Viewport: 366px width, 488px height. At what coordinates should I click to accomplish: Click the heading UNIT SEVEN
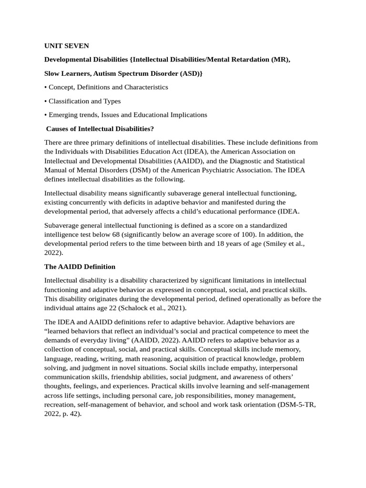[x=66, y=46]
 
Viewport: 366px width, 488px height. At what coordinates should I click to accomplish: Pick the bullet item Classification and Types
[x=84, y=101]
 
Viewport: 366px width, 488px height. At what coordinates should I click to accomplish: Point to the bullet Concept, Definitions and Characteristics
[x=108, y=87]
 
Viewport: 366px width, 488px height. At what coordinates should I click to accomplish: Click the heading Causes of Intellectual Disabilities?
[x=100, y=129]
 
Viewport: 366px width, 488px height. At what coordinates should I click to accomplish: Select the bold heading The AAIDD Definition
[x=80, y=266]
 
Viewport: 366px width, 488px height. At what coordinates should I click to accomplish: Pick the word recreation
[x=61, y=405]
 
